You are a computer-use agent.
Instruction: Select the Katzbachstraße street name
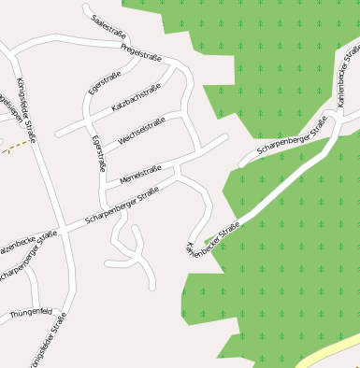137,97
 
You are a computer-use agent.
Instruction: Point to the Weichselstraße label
142,132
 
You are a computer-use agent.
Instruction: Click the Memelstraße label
140,172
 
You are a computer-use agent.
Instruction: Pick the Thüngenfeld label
32,314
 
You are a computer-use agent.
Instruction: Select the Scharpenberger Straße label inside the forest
291,137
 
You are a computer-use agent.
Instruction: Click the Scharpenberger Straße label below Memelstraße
122,205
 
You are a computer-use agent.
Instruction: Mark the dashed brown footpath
13,144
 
